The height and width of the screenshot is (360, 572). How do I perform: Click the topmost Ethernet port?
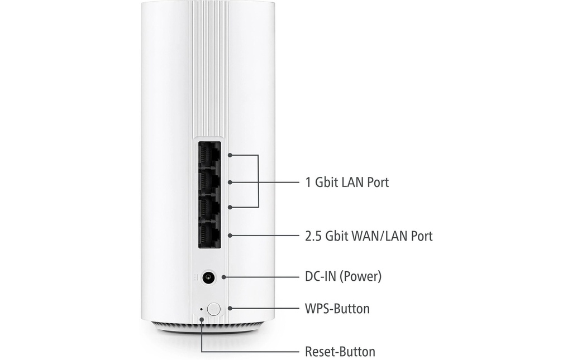(x=209, y=154)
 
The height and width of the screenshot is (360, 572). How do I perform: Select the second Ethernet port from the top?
(x=209, y=180)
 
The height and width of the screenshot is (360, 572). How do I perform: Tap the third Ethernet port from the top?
(x=209, y=207)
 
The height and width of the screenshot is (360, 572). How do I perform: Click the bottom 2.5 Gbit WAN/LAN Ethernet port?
(x=209, y=234)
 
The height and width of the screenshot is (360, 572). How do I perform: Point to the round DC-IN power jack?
(x=208, y=277)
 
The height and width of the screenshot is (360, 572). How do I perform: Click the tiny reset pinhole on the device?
(x=201, y=309)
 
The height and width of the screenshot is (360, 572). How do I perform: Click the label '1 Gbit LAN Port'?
(x=347, y=182)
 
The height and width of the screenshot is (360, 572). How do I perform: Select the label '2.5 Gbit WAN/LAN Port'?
(x=369, y=236)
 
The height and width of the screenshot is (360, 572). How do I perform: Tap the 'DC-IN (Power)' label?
(x=344, y=276)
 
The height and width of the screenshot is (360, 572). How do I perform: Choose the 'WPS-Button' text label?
(x=337, y=309)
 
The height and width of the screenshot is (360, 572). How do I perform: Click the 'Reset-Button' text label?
(x=340, y=352)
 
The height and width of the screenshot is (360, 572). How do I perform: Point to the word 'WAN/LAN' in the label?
(x=379, y=236)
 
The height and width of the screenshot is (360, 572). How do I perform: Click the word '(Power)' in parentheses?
(x=360, y=276)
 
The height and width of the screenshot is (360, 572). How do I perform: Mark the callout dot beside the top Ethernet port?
(x=230, y=155)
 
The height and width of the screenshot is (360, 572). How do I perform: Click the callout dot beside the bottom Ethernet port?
(x=230, y=236)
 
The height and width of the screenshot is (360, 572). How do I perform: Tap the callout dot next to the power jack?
(x=223, y=277)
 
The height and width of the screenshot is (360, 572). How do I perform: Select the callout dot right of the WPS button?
(x=230, y=308)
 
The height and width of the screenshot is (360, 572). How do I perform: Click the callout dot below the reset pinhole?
(x=201, y=319)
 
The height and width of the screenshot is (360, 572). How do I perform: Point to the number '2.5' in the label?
(x=313, y=236)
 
